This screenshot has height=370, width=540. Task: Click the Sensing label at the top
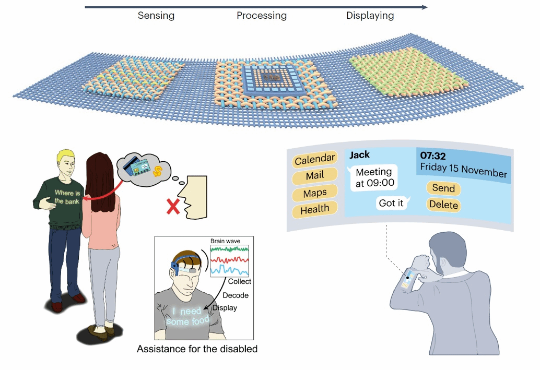point(156,16)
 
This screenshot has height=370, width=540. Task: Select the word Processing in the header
point(262,16)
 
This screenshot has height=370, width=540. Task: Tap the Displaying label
point(370,16)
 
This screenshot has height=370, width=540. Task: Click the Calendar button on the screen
point(314,160)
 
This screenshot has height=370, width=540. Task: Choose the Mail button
point(314,176)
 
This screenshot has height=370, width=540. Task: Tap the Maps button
point(314,193)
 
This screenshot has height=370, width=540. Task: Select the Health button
point(314,209)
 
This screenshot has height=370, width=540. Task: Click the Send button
point(443,188)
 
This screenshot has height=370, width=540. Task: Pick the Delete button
point(443,205)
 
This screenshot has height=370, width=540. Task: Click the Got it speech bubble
point(391,203)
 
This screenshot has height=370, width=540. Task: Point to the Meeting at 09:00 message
point(373,177)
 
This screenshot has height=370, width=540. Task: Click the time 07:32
point(434,156)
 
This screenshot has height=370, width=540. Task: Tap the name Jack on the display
point(359,154)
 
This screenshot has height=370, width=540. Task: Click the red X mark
point(172,207)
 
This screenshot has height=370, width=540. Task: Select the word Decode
point(236,295)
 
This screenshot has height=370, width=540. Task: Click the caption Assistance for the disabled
point(197,349)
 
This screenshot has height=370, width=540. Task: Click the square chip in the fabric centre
point(269,79)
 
